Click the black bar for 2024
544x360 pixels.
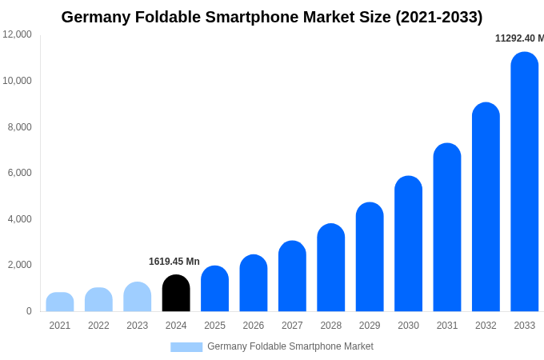click(176, 294)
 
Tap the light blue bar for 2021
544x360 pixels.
click(60, 302)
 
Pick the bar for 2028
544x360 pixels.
click(331, 268)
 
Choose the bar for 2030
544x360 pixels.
click(408, 244)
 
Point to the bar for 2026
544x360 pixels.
click(254, 284)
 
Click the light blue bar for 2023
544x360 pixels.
click(138, 297)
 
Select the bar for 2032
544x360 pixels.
click(486, 207)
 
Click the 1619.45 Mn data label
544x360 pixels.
click(174, 262)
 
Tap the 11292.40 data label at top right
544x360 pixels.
click(519, 38)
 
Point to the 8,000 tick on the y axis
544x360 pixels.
click(20, 126)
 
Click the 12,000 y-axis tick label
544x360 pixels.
click(17, 34)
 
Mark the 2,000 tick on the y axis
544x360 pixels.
click(20, 265)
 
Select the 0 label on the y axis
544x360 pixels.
click(29, 311)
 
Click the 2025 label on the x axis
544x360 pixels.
click(214, 326)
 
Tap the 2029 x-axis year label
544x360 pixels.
click(370, 326)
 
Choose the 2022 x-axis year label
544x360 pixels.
click(98, 326)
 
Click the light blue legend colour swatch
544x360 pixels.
click(186, 347)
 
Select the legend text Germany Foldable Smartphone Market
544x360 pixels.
click(290, 346)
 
